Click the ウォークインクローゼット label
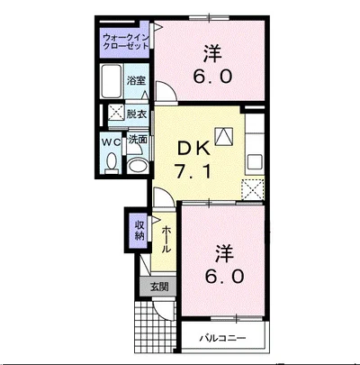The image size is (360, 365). (x=126, y=41)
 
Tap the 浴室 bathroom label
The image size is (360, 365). (x=136, y=80)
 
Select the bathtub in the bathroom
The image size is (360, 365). (x=112, y=81)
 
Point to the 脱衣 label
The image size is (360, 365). (x=137, y=114)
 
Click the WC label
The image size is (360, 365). (x=111, y=141)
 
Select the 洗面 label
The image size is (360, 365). (x=138, y=140)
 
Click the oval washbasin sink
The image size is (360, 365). (x=138, y=166)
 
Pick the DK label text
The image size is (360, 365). (x=193, y=149)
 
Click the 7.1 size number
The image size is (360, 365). (x=193, y=172)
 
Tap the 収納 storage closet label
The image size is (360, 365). (x=139, y=230)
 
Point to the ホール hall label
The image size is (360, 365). (x=166, y=240)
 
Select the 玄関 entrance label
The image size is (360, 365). (x=159, y=287)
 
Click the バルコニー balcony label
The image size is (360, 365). (x=223, y=339)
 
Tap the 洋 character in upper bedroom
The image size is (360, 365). (x=213, y=54)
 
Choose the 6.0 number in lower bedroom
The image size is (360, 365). (x=224, y=277)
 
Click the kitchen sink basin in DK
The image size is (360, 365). (x=255, y=162)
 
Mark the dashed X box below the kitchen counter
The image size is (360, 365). (x=253, y=189)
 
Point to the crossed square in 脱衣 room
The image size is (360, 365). (x=115, y=111)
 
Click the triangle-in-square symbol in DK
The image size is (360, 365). (x=224, y=137)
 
